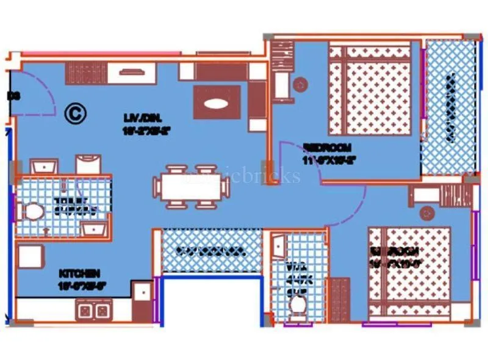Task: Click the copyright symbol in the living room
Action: [75, 113]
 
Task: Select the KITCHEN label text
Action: [79, 278]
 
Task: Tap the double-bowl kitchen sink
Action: [94, 311]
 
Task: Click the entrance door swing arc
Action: [38, 98]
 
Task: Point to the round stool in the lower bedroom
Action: [426, 212]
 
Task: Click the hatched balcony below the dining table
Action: [211, 251]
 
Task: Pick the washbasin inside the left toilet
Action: [95, 228]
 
